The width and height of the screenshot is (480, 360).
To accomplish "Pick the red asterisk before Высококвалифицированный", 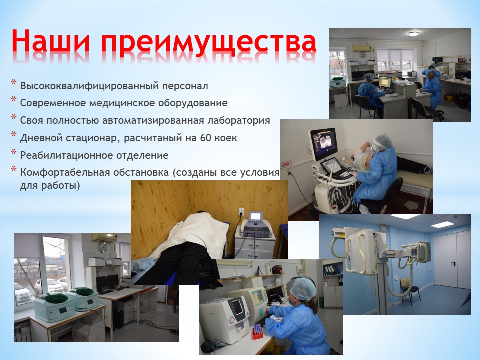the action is pyautogui.click(x=14, y=83).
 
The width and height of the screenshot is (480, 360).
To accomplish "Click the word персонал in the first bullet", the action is pyautogui.click(x=185, y=86).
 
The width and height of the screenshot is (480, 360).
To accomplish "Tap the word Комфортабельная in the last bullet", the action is pyautogui.click(x=65, y=172).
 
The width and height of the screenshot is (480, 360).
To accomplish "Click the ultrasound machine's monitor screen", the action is pyautogui.click(x=323, y=143).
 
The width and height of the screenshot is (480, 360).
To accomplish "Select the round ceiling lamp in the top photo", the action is pyautogui.click(x=413, y=33).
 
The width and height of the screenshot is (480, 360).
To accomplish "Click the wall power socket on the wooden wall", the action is pyautogui.click(x=241, y=211).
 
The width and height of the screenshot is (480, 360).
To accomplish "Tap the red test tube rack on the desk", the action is pyautogui.click(x=257, y=333).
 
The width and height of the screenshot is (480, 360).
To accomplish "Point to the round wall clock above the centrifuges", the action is pyautogui.click(x=103, y=247).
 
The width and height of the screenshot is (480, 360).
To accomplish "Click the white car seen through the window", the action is pyautogui.click(x=49, y=286).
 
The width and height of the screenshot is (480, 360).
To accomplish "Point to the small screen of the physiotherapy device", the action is pyautogui.click(x=255, y=217).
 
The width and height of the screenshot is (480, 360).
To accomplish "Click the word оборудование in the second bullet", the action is pyautogui.click(x=193, y=103).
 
